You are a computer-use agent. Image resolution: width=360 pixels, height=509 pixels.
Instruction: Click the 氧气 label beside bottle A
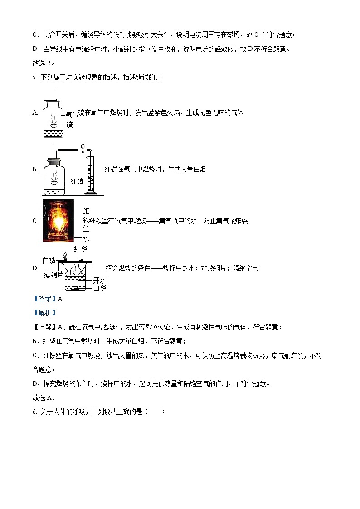(x=72, y=116)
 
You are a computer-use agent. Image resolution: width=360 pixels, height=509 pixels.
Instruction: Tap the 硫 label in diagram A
(x=69, y=125)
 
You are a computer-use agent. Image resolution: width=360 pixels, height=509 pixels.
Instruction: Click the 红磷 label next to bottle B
(x=78, y=181)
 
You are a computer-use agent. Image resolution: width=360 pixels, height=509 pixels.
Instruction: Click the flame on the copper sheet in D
(x=65, y=257)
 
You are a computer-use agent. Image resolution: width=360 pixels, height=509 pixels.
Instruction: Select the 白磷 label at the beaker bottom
(x=99, y=288)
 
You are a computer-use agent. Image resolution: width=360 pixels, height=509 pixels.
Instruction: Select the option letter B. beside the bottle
(x=35, y=170)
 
